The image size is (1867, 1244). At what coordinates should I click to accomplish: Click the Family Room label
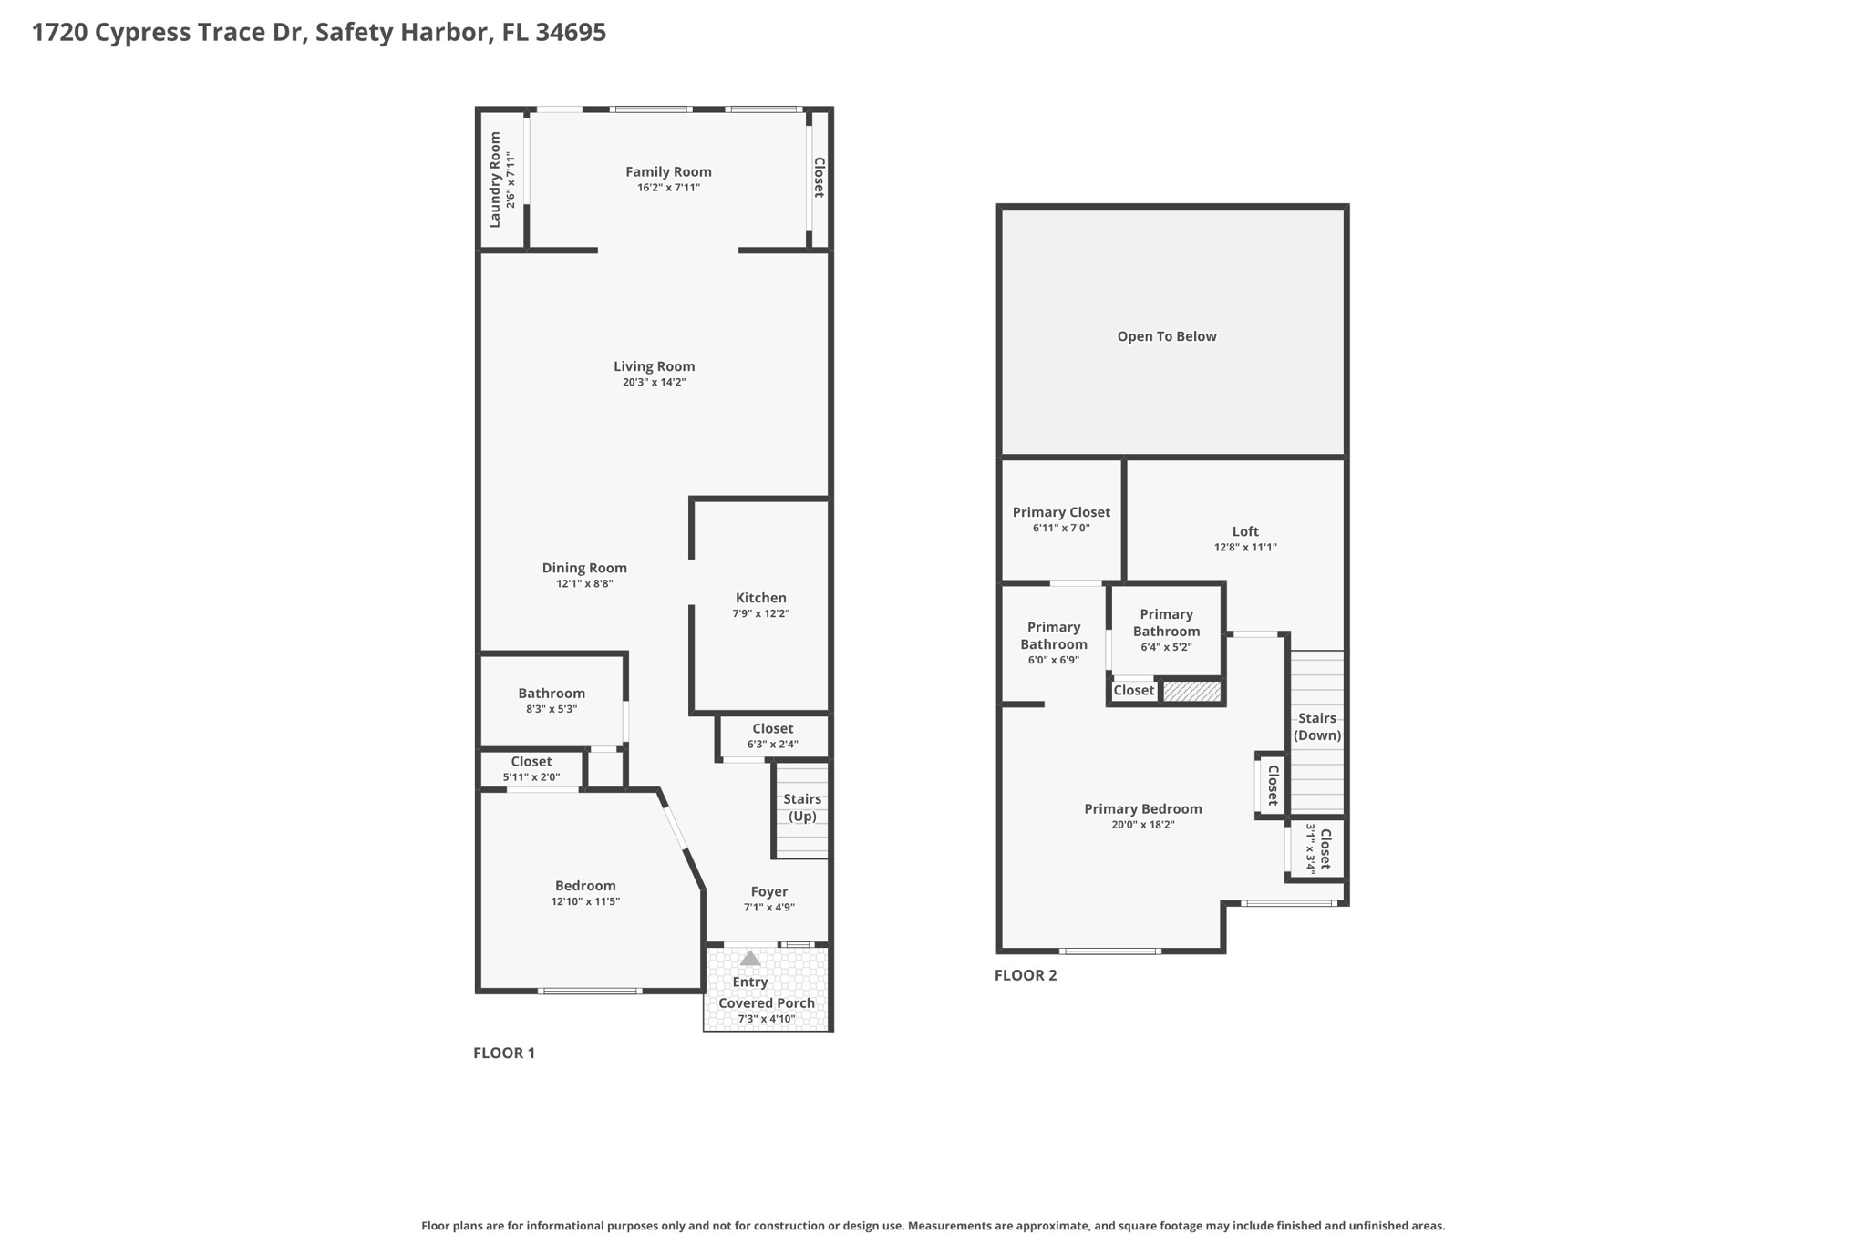[x=668, y=171]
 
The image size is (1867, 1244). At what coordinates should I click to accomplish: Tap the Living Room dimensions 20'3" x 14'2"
[x=654, y=383]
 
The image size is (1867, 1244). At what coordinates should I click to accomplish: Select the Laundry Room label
[x=495, y=180]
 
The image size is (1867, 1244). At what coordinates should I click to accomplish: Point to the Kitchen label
[x=760, y=598]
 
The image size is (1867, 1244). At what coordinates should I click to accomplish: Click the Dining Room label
[x=584, y=568]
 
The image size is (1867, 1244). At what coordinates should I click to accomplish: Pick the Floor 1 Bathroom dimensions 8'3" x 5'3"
[x=552, y=709]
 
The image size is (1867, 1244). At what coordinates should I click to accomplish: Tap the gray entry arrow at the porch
[x=750, y=958]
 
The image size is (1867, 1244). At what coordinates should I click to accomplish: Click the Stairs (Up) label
[x=802, y=807]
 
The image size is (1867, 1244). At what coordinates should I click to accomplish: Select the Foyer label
[x=769, y=891]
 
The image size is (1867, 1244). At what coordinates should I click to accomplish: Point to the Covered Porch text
[x=767, y=1002]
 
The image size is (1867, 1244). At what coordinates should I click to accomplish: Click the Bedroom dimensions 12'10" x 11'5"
[x=585, y=901]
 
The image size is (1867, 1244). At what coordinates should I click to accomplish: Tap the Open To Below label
[x=1167, y=336]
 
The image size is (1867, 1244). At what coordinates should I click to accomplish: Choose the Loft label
[x=1245, y=531]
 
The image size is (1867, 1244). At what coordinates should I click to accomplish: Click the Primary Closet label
[x=1061, y=512]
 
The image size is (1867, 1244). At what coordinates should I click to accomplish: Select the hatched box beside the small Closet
[x=1192, y=692]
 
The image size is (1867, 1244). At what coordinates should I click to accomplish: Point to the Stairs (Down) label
[x=1317, y=726]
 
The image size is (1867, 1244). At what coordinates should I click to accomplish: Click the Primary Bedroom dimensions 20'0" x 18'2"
[x=1142, y=825]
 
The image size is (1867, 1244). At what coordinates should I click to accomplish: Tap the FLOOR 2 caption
[x=1026, y=975]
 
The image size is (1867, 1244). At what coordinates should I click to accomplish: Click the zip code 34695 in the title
[x=571, y=33]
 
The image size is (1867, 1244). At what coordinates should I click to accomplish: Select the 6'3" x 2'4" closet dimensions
[x=772, y=744]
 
